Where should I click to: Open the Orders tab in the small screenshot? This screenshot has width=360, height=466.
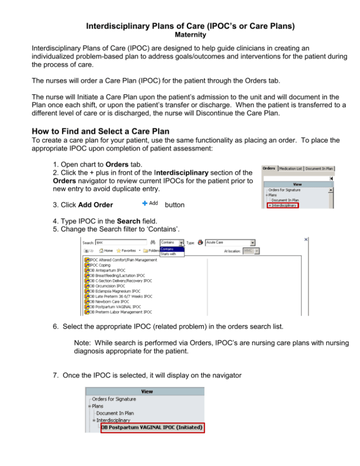pos(269,168)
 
